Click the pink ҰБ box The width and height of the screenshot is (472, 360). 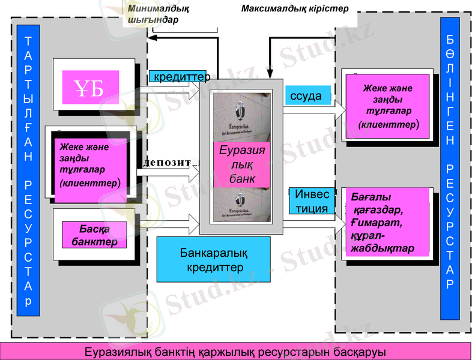(x=90, y=88)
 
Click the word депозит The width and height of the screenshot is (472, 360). (x=168, y=162)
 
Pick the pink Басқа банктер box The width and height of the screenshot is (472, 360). (x=94, y=235)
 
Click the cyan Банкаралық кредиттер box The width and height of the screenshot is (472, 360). (x=213, y=259)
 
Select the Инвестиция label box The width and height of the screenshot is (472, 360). (x=312, y=202)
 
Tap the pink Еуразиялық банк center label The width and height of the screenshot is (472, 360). (x=243, y=164)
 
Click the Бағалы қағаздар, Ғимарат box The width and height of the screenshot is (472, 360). (x=387, y=223)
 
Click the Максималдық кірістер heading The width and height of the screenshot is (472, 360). (x=294, y=9)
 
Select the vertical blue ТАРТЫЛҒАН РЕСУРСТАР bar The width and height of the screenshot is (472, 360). (x=29, y=170)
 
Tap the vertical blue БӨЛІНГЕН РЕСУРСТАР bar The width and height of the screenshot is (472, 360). (x=450, y=168)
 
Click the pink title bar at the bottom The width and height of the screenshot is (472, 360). (x=235, y=351)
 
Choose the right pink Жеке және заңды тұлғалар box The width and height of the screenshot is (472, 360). (x=387, y=107)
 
